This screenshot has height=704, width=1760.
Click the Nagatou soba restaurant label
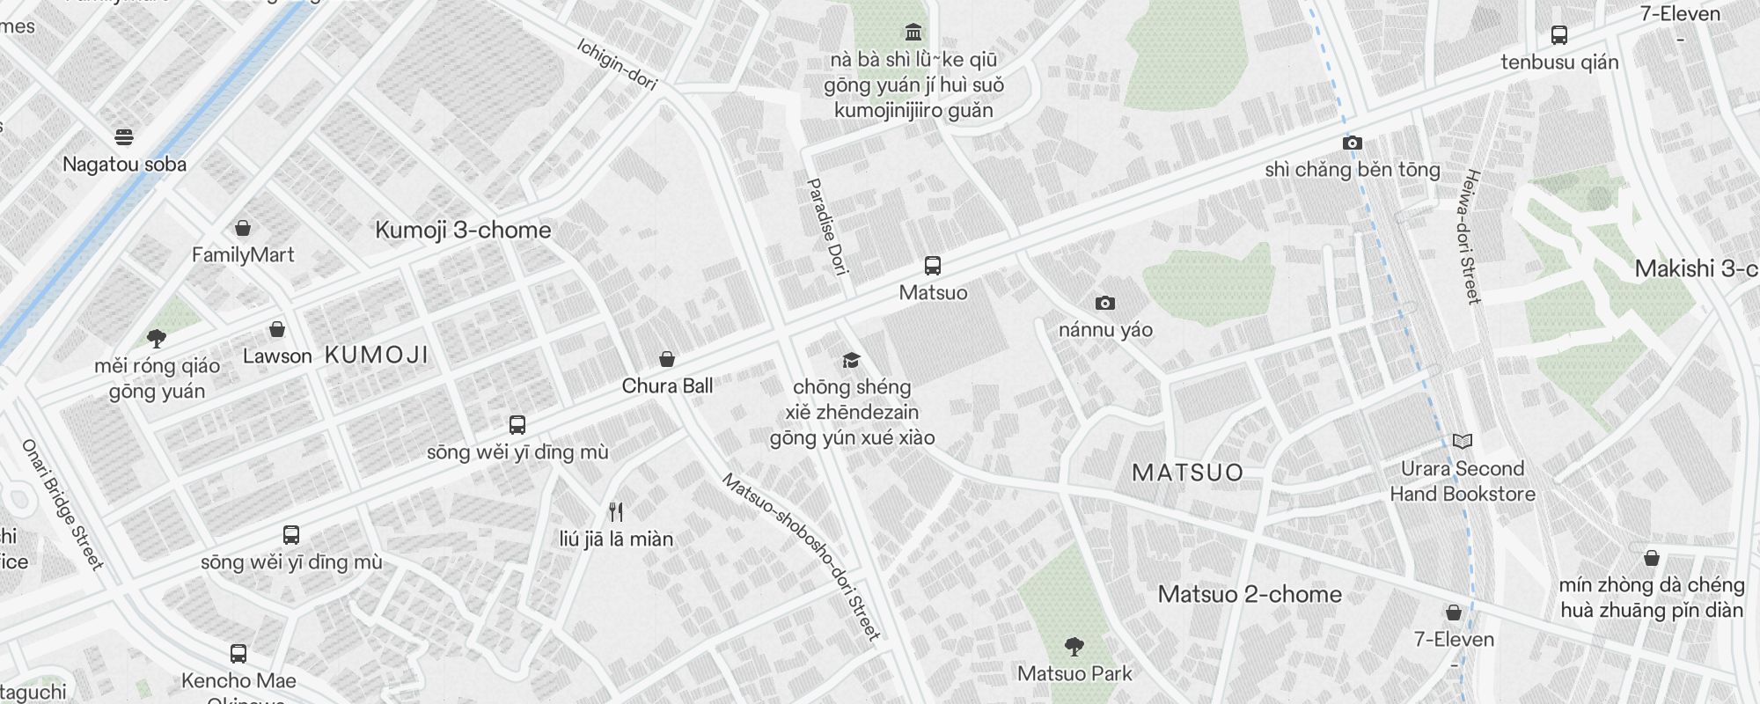click(x=124, y=165)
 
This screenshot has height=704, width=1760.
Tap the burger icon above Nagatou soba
click(x=124, y=137)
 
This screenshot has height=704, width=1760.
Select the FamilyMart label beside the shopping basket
click(x=243, y=255)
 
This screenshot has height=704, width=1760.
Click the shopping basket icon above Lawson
click(x=277, y=330)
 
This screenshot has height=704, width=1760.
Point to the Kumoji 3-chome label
click(x=463, y=231)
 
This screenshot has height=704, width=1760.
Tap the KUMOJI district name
click(x=377, y=355)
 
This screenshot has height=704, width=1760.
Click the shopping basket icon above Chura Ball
click(x=667, y=359)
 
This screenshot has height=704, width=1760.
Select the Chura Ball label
click(x=667, y=386)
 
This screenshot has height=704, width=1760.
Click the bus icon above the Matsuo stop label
click(x=933, y=266)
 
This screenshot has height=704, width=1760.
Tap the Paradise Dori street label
click(x=827, y=227)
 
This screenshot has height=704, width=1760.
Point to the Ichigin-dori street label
click(x=618, y=64)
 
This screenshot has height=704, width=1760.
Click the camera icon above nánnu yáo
click(x=1105, y=304)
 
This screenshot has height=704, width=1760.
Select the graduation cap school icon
click(x=850, y=360)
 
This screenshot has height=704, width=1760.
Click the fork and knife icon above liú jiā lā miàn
click(x=616, y=512)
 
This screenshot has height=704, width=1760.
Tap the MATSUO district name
click(x=1187, y=473)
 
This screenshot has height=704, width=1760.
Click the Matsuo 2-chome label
click(x=1250, y=595)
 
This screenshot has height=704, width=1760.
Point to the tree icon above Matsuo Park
click(x=1074, y=648)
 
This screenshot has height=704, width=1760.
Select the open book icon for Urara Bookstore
click(x=1463, y=442)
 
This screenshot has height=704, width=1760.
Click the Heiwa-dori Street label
click(x=1469, y=236)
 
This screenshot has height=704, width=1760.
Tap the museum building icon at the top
click(x=913, y=33)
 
